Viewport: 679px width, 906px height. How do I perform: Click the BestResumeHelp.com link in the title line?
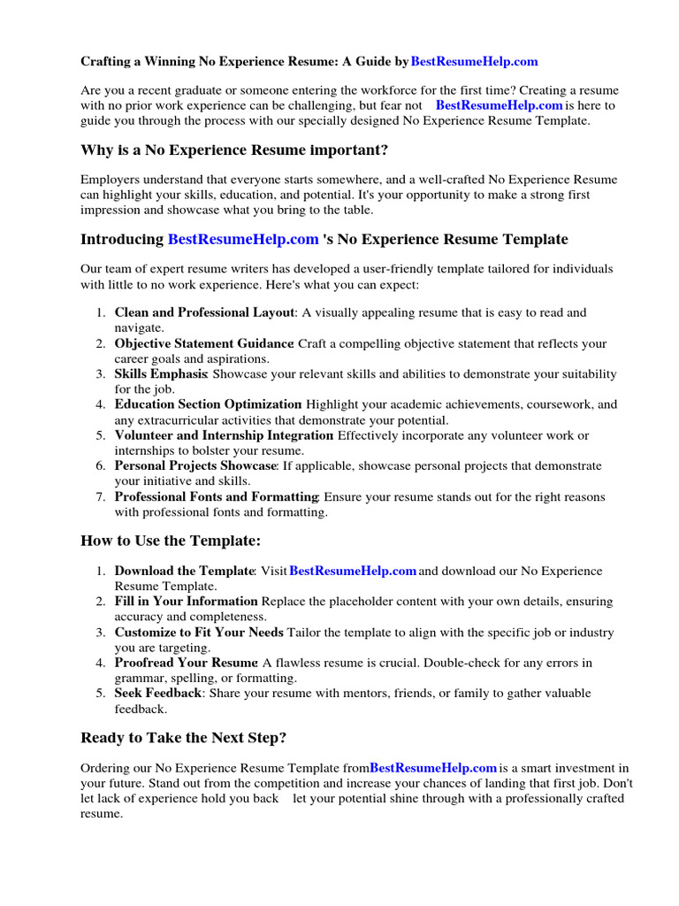(474, 62)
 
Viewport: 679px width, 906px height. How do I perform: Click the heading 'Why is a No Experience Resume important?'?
(234, 150)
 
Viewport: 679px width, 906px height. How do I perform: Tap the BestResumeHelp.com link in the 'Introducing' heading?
(243, 240)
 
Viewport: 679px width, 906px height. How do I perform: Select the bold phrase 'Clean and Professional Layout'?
(204, 312)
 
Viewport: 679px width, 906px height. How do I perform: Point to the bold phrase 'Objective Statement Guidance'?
(204, 343)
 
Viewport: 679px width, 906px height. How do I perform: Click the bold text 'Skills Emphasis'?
(161, 374)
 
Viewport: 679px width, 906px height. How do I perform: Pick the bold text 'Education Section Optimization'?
(209, 404)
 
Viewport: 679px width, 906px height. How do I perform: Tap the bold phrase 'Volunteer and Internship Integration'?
(224, 435)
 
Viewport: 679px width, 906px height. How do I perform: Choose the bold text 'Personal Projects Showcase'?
(195, 465)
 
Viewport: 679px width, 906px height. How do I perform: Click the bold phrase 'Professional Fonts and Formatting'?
(217, 497)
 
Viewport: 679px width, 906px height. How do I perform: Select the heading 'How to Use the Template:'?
(171, 541)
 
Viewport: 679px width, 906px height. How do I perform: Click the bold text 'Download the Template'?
(185, 572)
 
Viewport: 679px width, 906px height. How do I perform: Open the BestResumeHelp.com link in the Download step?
(353, 572)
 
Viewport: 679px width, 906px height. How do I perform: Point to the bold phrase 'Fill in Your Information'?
(187, 602)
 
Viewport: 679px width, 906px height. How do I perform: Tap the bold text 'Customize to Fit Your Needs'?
(199, 633)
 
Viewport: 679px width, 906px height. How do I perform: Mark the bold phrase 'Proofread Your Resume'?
(186, 663)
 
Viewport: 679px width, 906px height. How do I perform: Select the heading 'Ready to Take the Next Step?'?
(184, 738)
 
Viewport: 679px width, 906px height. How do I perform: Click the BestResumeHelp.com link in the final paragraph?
(433, 768)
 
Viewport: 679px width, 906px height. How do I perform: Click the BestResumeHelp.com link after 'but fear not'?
(500, 105)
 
